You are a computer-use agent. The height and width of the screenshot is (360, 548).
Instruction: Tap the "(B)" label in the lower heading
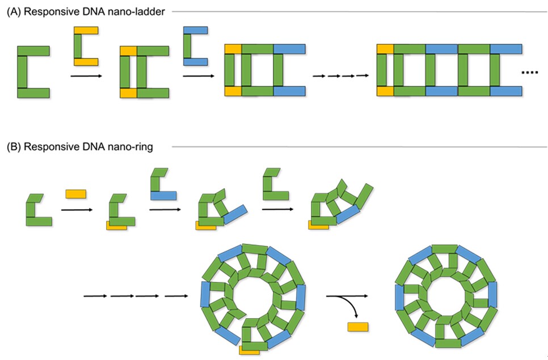[14, 147]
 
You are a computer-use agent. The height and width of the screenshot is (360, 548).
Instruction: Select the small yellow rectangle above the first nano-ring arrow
[75, 194]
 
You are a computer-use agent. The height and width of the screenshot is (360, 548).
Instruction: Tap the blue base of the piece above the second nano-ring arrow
[163, 196]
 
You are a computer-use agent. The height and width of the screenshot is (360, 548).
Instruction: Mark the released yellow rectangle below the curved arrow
[357, 327]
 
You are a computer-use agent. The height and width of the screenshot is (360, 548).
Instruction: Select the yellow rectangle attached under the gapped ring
[249, 350]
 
